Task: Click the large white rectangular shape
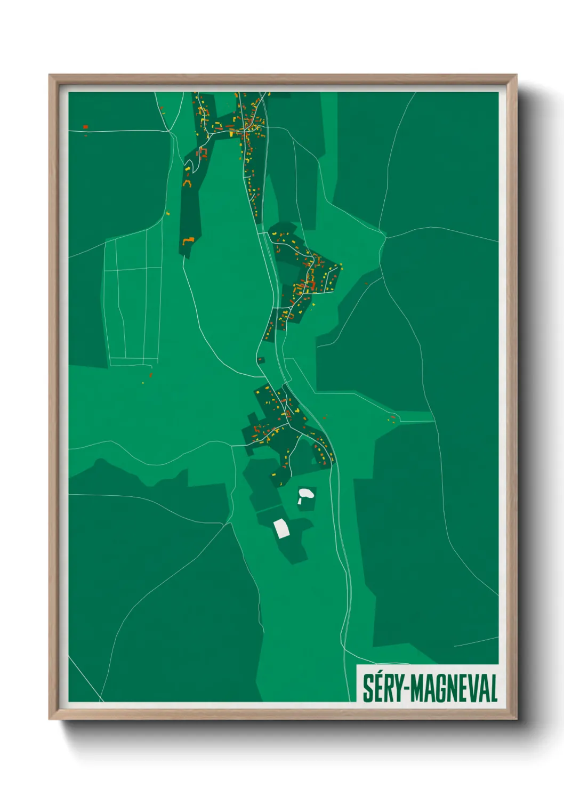[x=281, y=528]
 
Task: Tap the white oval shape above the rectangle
[x=305, y=494]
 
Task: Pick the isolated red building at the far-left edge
[x=85, y=127]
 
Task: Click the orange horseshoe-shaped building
[x=187, y=183]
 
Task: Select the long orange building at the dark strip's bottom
[x=188, y=241]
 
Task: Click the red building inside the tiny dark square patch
[x=261, y=360]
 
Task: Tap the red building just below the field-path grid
[x=151, y=375]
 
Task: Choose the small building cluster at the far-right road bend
[x=392, y=418]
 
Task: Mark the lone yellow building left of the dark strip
[x=168, y=213]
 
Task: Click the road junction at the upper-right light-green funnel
[x=385, y=237]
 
